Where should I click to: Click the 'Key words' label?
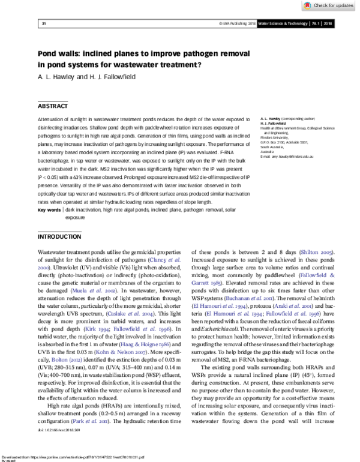coord(49,211)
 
